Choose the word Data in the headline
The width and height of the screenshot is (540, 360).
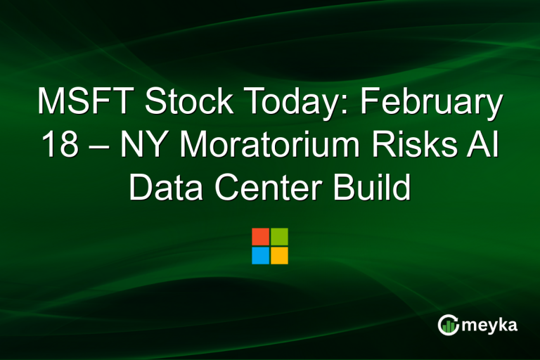click(x=163, y=188)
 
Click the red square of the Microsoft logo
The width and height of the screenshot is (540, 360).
click(x=260, y=237)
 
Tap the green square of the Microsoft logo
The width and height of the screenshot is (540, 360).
click(x=279, y=237)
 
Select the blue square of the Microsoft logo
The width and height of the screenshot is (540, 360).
click(x=260, y=255)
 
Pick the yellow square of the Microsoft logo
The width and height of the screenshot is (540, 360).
click(x=279, y=255)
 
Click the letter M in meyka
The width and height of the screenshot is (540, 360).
click(x=468, y=327)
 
